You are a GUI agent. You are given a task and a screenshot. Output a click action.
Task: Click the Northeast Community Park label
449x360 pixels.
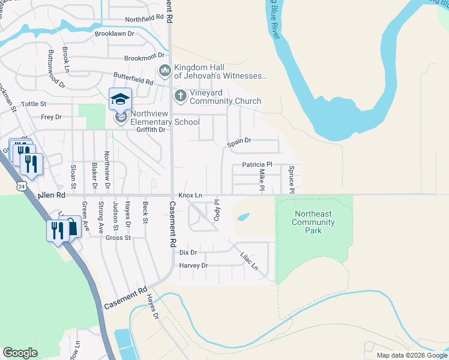[x=313, y=223]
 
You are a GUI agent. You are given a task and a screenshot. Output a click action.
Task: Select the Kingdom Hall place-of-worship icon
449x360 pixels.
[x=164, y=71]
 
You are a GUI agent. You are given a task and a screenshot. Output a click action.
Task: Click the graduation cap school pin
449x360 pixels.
[x=120, y=99]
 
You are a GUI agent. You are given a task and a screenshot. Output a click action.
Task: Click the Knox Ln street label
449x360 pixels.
[x=190, y=196]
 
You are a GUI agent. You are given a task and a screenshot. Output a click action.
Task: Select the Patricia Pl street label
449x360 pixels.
[x=257, y=164]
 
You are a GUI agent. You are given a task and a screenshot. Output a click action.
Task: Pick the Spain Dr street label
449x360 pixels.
[x=238, y=141]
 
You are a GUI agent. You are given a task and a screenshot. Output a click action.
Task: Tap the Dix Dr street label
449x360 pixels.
[x=188, y=253]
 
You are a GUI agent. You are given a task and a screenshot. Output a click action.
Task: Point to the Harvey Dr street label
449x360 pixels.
[x=193, y=265]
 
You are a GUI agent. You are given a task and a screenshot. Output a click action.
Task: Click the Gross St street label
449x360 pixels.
[x=118, y=238]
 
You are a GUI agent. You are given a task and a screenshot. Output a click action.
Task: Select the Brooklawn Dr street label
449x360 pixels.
[x=115, y=34]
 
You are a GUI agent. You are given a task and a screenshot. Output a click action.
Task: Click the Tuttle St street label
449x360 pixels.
[x=34, y=104]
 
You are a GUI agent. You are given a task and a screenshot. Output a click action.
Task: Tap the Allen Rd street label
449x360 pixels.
[x=51, y=196]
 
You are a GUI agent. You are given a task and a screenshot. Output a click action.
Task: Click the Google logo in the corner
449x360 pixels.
[x=20, y=353]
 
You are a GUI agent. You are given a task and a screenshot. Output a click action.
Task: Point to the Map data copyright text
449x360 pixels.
[x=411, y=355]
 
